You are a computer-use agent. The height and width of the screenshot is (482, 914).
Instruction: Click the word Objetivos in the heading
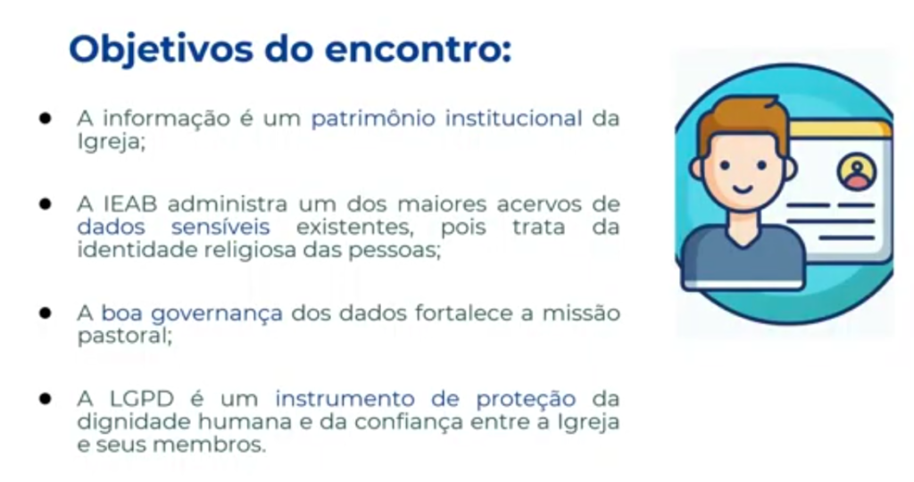[x=162, y=50]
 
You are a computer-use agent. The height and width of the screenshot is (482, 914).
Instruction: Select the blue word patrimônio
[x=373, y=120]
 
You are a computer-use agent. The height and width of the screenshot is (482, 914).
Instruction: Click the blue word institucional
[x=513, y=119]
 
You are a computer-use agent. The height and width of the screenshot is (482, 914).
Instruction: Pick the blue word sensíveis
[x=220, y=227]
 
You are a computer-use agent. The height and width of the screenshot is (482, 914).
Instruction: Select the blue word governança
[x=217, y=314]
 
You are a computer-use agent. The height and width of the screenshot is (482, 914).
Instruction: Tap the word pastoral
[x=123, y=337]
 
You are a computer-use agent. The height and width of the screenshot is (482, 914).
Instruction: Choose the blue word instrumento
[x=345, y=399]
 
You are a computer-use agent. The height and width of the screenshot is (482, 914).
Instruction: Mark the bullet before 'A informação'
[x=46, y=119]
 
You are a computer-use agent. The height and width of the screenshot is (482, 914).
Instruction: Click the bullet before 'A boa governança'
[x=46, y=313]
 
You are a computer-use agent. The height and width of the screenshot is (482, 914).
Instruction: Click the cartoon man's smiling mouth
[x=742, y=189]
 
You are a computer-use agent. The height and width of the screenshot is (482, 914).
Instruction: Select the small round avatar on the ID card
[x=856, y=170]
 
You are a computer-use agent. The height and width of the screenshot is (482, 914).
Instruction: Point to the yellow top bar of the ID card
[x=839, y=129]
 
